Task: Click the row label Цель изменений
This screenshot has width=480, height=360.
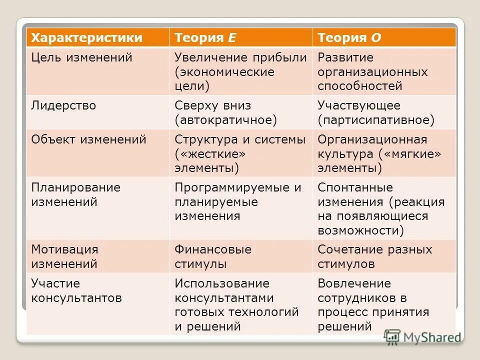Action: (81, 57)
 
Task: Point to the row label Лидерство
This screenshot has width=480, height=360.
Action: (63, 105)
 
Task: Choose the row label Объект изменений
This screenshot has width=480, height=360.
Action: (88, 139)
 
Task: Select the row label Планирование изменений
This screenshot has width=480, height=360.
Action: (75, 194)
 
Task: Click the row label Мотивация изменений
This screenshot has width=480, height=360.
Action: (64, 256)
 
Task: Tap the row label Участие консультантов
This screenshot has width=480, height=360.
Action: (76, 291)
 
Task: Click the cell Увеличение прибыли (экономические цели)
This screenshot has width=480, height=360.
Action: (240, 71)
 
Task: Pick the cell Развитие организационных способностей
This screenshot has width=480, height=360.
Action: (372, 71)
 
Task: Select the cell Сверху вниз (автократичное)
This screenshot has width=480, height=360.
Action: (225, 112)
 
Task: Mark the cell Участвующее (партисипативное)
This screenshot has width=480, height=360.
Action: (376, 112)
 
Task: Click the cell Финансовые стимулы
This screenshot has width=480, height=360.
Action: (213, 256)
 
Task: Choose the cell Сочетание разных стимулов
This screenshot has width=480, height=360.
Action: (375, 256)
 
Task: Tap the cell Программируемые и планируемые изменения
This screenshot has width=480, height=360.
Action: (238, 201)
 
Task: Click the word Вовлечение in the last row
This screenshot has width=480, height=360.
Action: (354, 283)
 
